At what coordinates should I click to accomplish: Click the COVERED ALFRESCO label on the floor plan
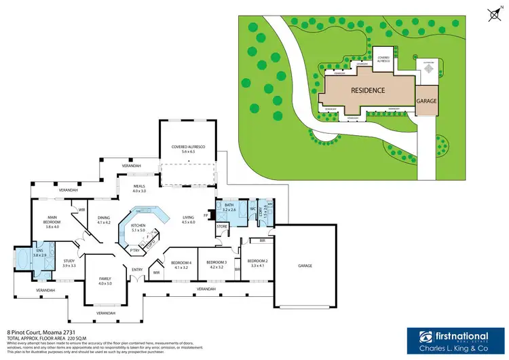[188, 147]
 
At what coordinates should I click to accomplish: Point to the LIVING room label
[188, 218]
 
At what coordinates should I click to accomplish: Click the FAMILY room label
[105, 279]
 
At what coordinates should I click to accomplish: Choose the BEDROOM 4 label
[181, 262]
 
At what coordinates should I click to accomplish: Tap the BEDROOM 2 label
[257, 262]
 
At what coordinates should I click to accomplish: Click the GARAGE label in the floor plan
[304, 265]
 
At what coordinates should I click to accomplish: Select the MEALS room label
[139, 187]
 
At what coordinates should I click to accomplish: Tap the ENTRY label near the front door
[138, 270]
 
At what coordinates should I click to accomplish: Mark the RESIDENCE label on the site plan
[368, 90]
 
